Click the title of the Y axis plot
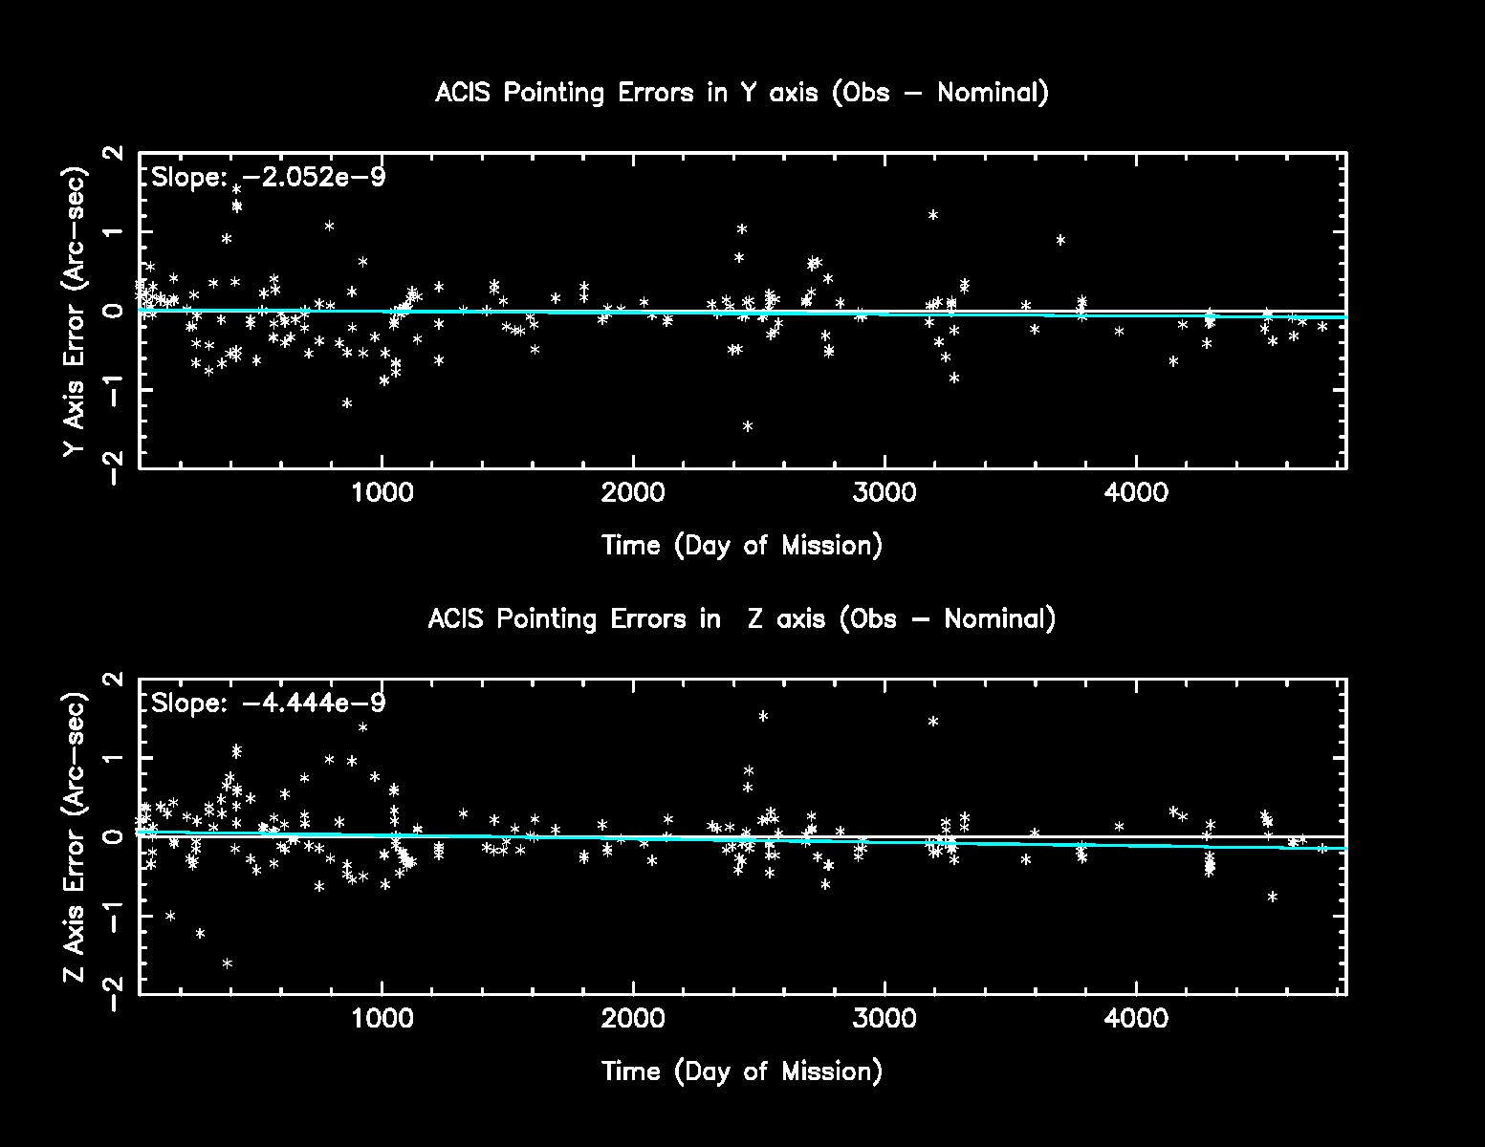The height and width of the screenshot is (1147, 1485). pyautogui.click(x=741, y=93)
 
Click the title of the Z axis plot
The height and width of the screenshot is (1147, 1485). pyautogui.click(x=741, y=618)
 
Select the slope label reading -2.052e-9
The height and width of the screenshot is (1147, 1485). pyautogui.click(x=269, y=177)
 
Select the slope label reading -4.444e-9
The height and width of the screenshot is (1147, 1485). pyautogui.click(x=269, y=703)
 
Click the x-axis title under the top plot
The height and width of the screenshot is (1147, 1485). pyautogui.click(x=741, y=546)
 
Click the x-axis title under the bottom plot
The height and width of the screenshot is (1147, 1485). pyautogui.click(x=741, y=1071)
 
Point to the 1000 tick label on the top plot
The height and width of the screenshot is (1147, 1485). pyautogui.click(x=382, y=493)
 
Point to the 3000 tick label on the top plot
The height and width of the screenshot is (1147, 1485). pyautogui.click(x=884, y=493)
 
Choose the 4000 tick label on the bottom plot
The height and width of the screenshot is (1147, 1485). pyautogui.click(x=1136, y=1019)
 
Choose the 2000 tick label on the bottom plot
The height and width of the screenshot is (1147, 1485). pyautogui.click(x=633, y=1019)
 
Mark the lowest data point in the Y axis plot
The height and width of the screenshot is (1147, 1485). pyautogui.click(x=748, y=426)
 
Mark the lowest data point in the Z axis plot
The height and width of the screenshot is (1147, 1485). pyautogui.click(x=228, y=963)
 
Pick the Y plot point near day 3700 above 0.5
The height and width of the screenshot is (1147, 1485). pyautogui.click(x=1060, y=240)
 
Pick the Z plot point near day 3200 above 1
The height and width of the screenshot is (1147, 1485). pyautogui.click(x=933, y=722)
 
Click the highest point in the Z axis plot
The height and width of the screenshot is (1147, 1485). pyautogui.click(x=763, y=716)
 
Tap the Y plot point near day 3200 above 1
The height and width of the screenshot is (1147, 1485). pyautogui.click(x=933, y=215)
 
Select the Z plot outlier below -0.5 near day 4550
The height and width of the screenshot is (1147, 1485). pyautogui.click(x=1272, y=897)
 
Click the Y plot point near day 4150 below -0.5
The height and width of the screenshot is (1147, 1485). pyautogui.click(x=1173, y=361)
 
